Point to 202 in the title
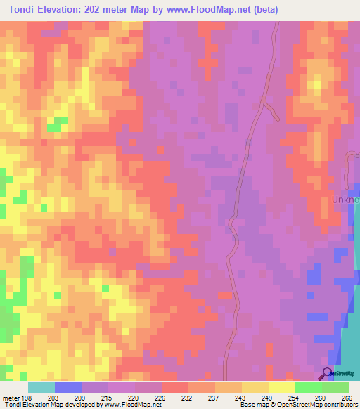point(91,10)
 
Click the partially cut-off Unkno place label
point(345,200)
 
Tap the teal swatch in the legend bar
point(41,387)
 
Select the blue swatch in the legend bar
point(67,387)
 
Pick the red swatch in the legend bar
point(174,387)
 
